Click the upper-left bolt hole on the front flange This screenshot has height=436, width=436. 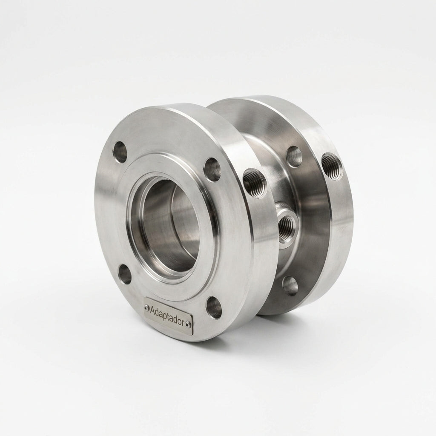point(120,152)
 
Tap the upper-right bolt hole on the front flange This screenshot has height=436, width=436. point(212,169)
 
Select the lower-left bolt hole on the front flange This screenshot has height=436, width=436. point(125,275)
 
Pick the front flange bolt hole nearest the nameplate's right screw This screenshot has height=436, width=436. point(214,308)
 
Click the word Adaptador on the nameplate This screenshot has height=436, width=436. point(168,315)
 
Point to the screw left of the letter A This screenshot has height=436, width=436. point(147,308)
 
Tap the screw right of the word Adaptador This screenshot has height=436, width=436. point(189,324)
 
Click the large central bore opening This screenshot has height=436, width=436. point(167,225)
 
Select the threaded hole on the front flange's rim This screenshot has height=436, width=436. point(255,183)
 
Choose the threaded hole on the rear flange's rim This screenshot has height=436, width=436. point(333,166)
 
